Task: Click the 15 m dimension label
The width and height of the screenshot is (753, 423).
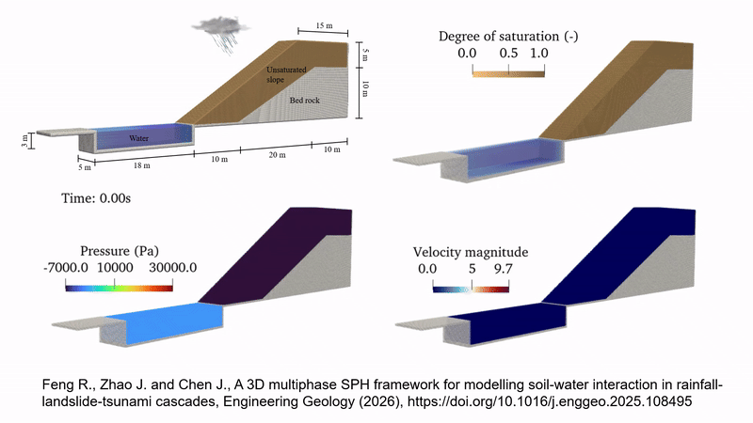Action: pyautogui.click(x=322, y=23)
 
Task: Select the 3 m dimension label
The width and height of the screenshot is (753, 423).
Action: pyautogui.click(x=25, y=139)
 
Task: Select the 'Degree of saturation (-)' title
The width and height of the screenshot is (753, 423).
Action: pyautogui.click(x=494, y=37)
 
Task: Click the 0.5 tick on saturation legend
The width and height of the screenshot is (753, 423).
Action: pyautogui.click(x=509, y=54)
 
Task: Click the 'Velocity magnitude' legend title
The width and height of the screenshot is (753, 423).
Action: pyautogui.click(x=470, y=252)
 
